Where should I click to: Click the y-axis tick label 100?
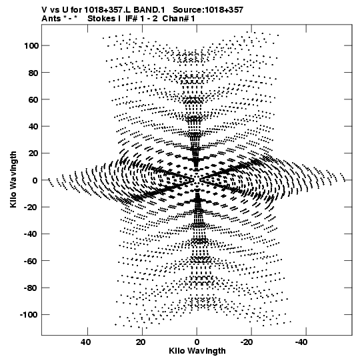pos(31,46)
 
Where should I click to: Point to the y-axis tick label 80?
pos(33,73)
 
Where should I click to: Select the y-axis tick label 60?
pos(33,99)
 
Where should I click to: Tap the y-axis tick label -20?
pos(31,208)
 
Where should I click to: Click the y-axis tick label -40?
pos(31,234)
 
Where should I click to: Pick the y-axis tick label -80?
pos(31,288)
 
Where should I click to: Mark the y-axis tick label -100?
pos(29,315)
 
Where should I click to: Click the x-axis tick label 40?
pos(85,342)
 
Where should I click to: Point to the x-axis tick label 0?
pos(197,342)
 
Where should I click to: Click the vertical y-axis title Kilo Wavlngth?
pos(13,179)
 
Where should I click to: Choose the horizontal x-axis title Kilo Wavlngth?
pos(197,351)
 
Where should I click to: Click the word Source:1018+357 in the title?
pos(208,10)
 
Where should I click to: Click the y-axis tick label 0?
pos(35,180)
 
